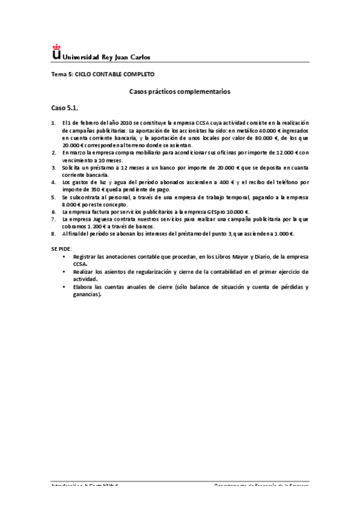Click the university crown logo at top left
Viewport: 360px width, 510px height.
[x=56, y=52]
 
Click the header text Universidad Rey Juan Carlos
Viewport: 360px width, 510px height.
[x=106, y=57]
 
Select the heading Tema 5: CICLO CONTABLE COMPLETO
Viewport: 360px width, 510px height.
[x=102, y=74]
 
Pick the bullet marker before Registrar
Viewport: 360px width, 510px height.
[x=65, y=256]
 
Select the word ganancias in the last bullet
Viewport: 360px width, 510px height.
[x=86, y=295]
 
